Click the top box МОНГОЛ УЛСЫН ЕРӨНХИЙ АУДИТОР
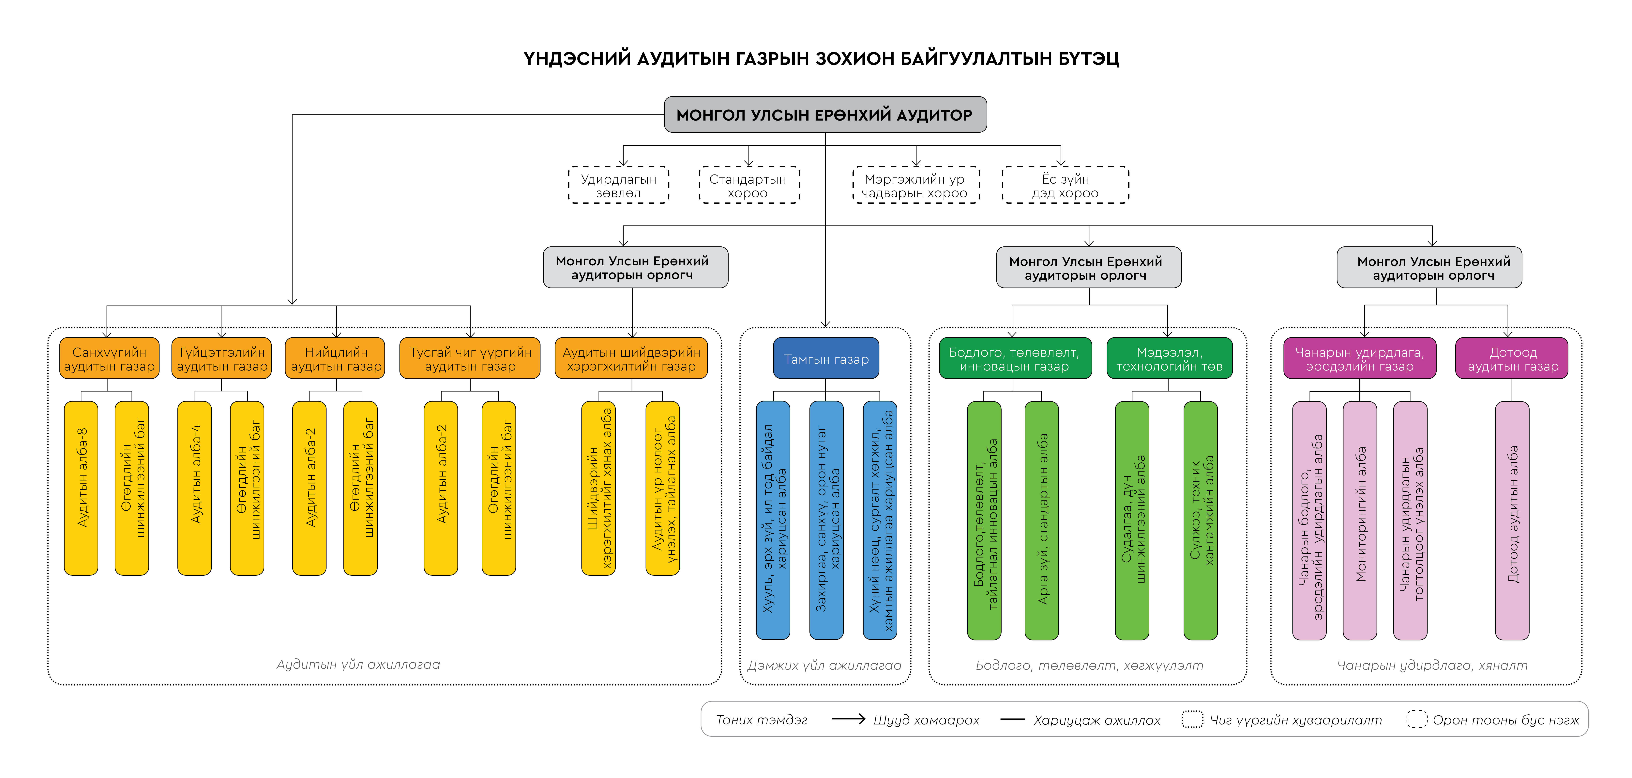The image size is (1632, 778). click(x=825, y=115)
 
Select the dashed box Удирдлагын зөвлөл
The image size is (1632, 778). click(x=618, y=185)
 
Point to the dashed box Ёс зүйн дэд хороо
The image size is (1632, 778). click(x=1065, y=185)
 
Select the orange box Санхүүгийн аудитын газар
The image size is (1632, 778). click(x=109, y=359)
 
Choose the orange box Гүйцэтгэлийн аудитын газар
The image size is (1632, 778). click(x=222, y=359)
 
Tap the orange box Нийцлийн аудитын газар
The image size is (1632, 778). click(x=336, y=359)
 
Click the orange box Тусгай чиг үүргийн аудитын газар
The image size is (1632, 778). click(x=470, y=359)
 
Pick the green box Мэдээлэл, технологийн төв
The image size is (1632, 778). click(x=1169, y=359)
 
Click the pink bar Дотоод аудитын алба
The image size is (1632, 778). click(x=1512, y=520)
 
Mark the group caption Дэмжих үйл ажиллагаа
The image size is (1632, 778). click(x=824, y=665)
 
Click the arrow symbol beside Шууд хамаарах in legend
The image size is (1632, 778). click(x=848, y=719)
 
